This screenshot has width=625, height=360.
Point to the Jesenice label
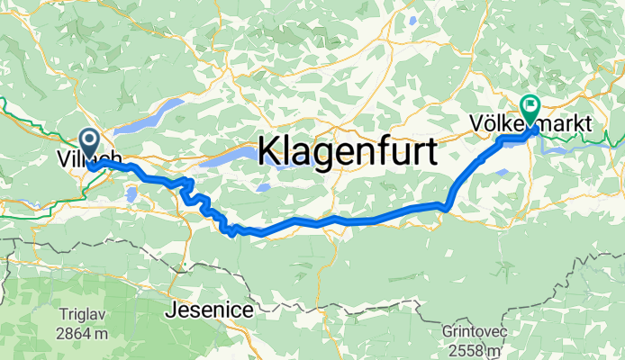(209, 310)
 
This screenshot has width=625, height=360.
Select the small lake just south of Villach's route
(131, 193)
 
